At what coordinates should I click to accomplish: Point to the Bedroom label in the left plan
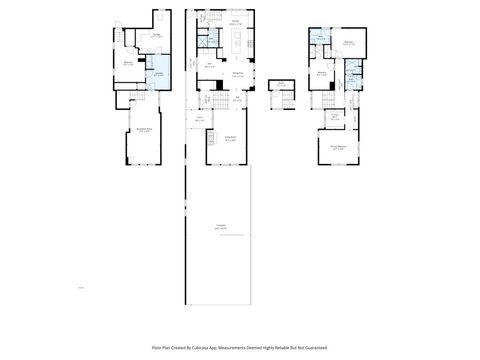click(128, 64)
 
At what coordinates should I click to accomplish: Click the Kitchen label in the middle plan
click(235, 22)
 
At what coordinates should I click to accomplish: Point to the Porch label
click(200, 119)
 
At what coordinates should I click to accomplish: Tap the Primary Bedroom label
click(339, 147)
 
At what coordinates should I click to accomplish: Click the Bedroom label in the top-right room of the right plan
click(350, 44)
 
